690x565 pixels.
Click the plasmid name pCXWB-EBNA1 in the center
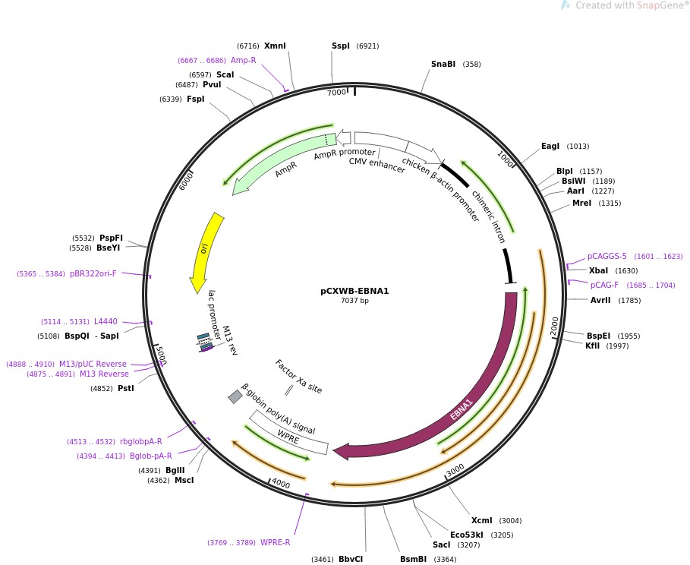tap(354, 291)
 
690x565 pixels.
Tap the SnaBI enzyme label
tap(443, 64)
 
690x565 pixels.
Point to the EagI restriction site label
tap(550, 147)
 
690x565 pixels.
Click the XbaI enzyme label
tap(598, 270)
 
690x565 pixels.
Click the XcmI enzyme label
tap(482, 520)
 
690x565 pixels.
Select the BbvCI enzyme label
tap(351, 560)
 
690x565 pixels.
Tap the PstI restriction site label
tap(126, 388)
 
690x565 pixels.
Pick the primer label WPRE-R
tap(275, 542)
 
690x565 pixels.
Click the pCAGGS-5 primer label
tap(607, 256)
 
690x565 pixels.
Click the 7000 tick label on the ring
tap(336, 92)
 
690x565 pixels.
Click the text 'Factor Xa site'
tap(298, 377)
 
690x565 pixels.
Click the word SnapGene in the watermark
tap(657, 5)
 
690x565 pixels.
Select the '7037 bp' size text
tap(354, 301)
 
